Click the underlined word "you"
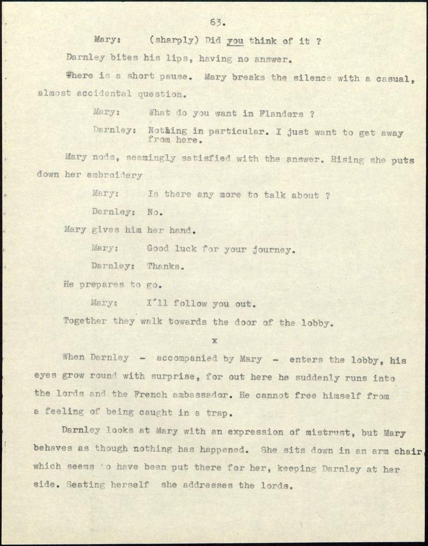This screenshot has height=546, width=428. pos(235,41)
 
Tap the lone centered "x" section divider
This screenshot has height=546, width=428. pos(215,340)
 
